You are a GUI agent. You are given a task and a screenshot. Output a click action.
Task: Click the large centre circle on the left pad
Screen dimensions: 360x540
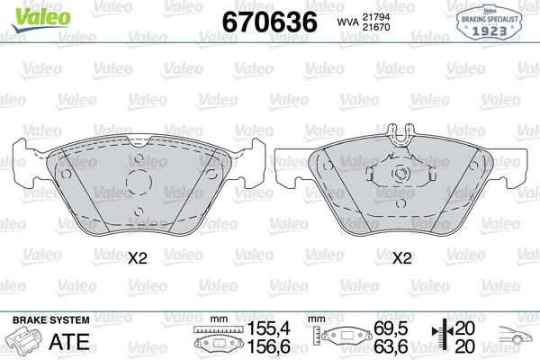pos(139,182)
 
